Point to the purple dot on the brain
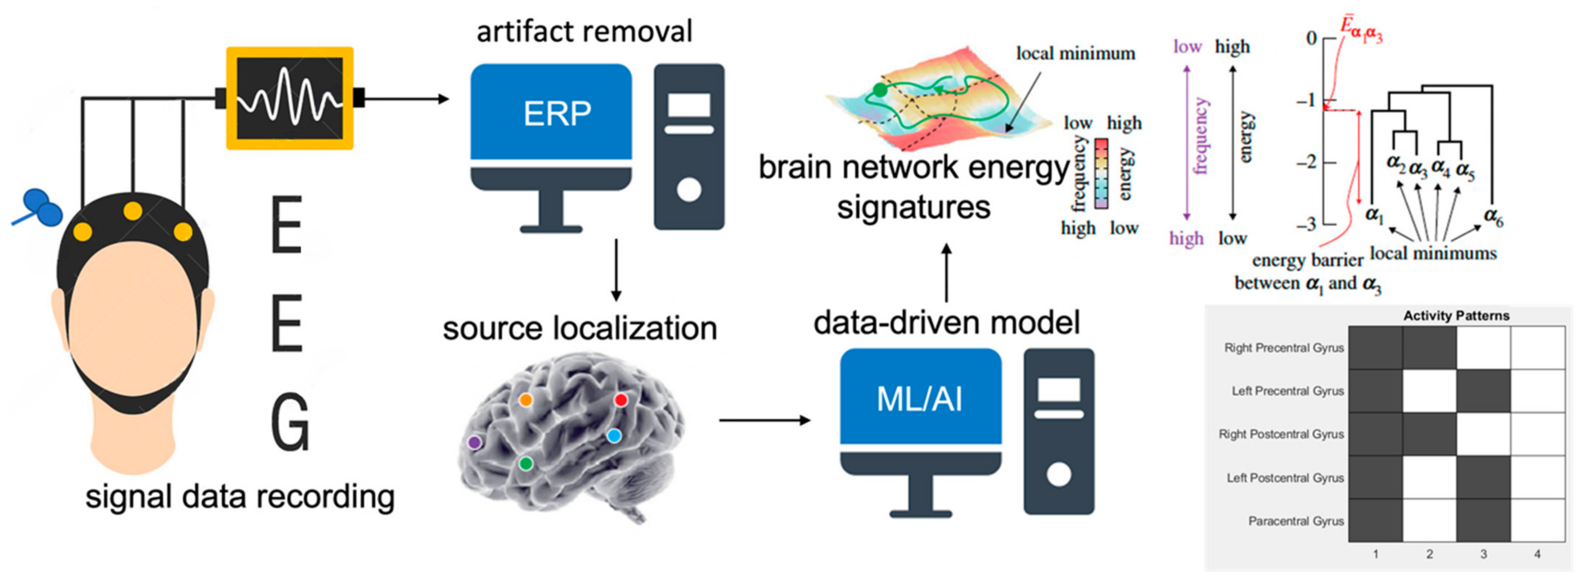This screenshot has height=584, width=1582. point(474,442)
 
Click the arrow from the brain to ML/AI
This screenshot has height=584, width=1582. point(765,420)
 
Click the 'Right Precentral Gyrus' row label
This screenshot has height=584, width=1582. point(1283,348)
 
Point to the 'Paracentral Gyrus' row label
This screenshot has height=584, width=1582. point(1296,521)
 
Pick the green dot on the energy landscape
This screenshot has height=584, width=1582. point(880,90)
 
